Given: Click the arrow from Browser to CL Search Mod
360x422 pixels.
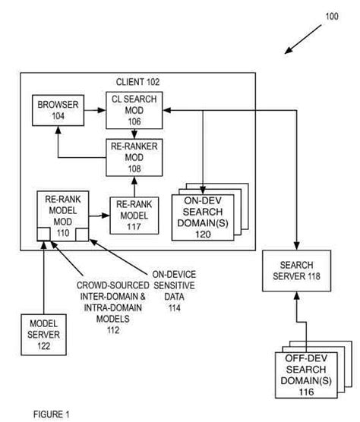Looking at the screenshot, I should point(93,110).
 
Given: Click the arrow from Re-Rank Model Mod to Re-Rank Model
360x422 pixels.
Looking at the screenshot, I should point(99,216).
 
